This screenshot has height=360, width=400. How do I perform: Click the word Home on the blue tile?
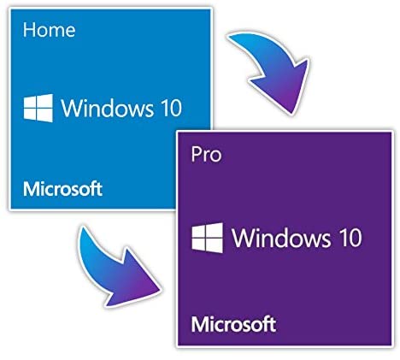coord(49,30)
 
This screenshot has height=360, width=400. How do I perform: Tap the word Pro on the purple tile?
coord(206,155)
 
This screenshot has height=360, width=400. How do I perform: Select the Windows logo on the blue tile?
coord(38,108)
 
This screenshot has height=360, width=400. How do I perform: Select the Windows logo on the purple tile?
coord(208,238)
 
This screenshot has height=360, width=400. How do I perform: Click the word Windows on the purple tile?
coord(281,238)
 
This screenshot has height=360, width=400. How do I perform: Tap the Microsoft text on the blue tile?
coord(62,189)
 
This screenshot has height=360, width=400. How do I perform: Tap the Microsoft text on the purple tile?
coord(233,324)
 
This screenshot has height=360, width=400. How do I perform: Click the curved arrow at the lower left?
coord(114,271)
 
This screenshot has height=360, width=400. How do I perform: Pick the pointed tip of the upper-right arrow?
coord(291,114)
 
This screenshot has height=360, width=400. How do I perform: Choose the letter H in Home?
coord(28,30)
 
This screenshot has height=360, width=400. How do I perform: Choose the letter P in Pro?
coord(196,154)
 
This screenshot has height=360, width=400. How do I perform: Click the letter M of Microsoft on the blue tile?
coord(31,189)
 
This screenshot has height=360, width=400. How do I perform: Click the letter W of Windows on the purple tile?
coord(244,238)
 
